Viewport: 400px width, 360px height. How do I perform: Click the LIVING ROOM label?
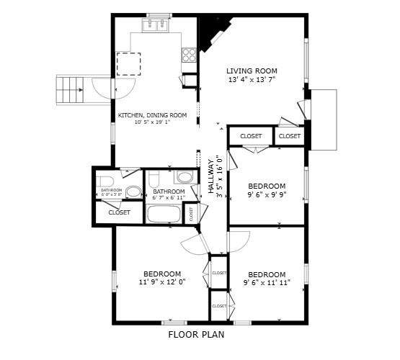point(252,71)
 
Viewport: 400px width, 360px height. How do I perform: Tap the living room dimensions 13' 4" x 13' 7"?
point(252,80)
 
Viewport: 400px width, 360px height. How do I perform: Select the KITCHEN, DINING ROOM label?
point(152,115)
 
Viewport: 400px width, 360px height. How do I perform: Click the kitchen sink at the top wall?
point(157,27)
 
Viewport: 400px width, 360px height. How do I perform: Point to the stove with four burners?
point(190,55)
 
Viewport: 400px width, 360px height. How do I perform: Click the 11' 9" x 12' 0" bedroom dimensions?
point(161,282)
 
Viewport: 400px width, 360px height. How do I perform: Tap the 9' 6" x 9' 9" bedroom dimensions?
point(266,194)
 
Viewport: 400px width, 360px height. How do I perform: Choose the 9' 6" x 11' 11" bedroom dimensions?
point(266,283)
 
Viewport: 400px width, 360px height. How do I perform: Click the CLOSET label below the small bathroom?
point(119,212)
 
